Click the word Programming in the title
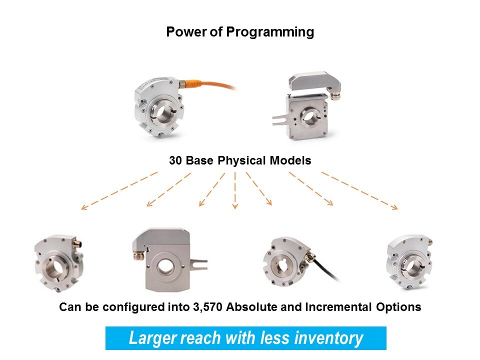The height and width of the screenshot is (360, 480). point(270,32)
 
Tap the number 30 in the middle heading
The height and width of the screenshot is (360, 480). point(175,160)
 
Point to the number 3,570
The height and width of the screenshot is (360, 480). point(207,307)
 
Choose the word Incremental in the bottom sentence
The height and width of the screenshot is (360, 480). point(338,306)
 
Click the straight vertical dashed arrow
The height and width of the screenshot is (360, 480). point(235,190)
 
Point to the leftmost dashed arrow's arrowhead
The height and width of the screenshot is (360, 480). point(84,207)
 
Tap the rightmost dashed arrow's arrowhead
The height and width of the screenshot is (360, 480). point(395,207)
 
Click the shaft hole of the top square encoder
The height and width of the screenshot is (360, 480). point(310,116)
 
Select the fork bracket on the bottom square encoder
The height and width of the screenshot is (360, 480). point(198,264)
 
